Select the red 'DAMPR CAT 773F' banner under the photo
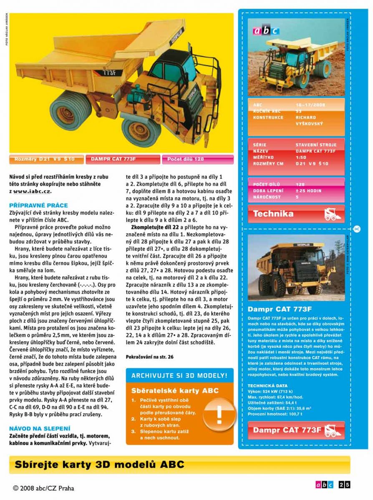[x=123, y=159]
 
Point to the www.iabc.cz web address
[x=32, y=191]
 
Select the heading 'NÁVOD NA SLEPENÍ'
[x=40, y=428]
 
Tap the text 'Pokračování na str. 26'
[x=149, y=357]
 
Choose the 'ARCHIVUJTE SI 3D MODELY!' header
[x=179, y=376]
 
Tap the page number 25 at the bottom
[x=345, y=485]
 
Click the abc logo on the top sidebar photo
[x=266, y=30]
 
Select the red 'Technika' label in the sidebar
[x=273, y=214]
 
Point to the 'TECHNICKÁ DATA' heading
[x=267, y=386]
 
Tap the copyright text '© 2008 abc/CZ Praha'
[x=43, y=488]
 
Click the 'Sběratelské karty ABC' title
[x=175, y=391]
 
